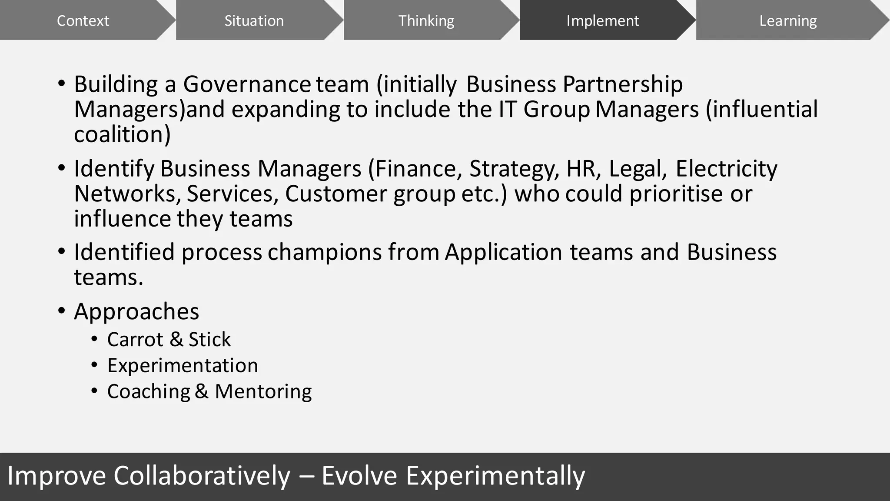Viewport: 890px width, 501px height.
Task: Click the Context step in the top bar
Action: point(83,20)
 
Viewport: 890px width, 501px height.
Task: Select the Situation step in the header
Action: point(254,20)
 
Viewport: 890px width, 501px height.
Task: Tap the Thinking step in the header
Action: point(426,20)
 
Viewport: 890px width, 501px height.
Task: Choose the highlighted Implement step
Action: point(602,20)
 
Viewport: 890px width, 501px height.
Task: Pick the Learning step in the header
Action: point(787,20)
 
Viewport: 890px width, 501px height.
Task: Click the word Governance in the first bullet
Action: point(246,84)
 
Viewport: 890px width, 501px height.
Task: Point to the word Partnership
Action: point(622,84)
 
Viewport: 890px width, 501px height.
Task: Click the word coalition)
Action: point(122,134)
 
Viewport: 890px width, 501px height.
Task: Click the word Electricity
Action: point(726,169)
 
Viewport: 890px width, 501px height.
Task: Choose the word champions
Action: point(324,252)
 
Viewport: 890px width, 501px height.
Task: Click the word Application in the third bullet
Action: point(503,252)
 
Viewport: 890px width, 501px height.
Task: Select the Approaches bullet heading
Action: point(136,311)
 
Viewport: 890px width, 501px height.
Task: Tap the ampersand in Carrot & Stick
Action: point(176,339)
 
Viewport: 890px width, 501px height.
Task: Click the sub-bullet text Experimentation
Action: point(183,365)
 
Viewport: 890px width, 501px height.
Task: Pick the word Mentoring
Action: point(263,391)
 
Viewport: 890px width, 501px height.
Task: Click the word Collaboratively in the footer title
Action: point(202,476)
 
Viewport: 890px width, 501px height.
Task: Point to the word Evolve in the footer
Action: point(359,476)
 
